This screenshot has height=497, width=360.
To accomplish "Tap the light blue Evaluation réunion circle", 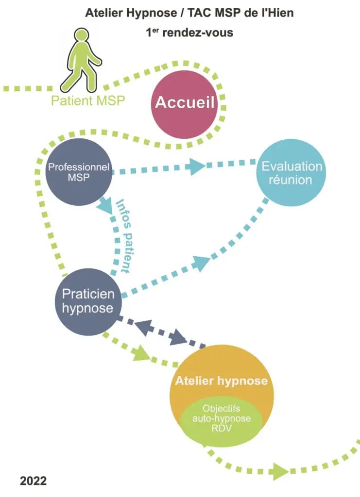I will (x=291, y=173).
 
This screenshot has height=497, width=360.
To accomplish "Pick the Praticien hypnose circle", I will (x=87, y=301).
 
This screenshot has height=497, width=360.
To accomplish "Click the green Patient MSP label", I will (x=88, y=101).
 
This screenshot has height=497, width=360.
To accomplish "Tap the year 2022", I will (x=34, y=481).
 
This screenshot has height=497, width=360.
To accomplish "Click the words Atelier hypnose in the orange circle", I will (x=222, y=381).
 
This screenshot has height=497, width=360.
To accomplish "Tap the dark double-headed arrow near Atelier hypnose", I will (x=161, y=332).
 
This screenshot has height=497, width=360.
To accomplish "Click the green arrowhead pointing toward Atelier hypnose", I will (x=141, y=354).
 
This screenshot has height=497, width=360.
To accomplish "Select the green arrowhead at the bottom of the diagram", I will (x=279, y=470).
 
